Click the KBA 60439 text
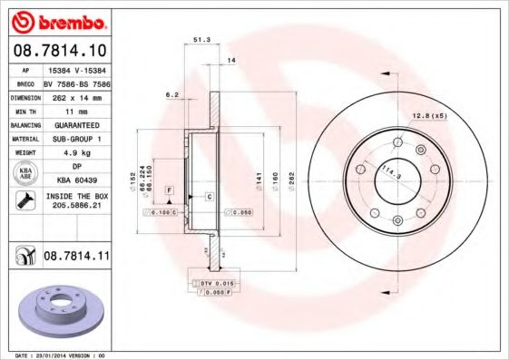[74, 180]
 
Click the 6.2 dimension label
[171, 93]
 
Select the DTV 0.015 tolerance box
[218, 285]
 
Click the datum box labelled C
[209, 197]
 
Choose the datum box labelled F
[170, 188]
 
